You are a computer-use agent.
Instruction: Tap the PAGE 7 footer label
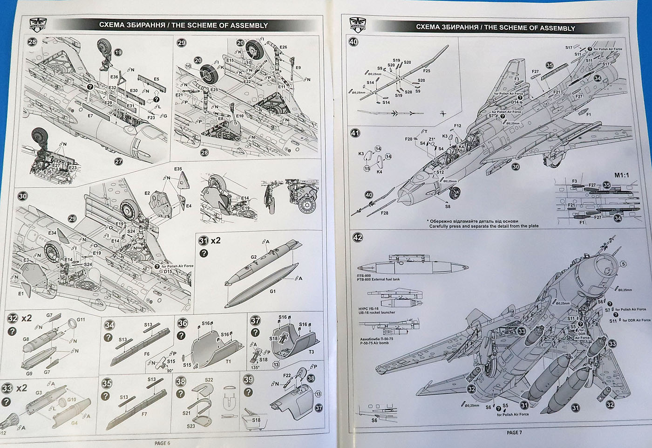pyautogui.click(x=515, y=432)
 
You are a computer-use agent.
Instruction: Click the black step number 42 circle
pyautogui.click(x=357, y=237)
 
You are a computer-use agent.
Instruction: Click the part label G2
pyautogui.click(x=254, y=257)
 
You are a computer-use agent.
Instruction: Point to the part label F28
pyautogui.click(x=385, y=213)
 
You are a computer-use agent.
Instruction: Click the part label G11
pyautogui.click(x=81, y=319)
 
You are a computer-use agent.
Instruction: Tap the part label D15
pyautogui.click(x=168, y=271)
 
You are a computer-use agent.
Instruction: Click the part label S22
pyautogui.click(x=208, y=380)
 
